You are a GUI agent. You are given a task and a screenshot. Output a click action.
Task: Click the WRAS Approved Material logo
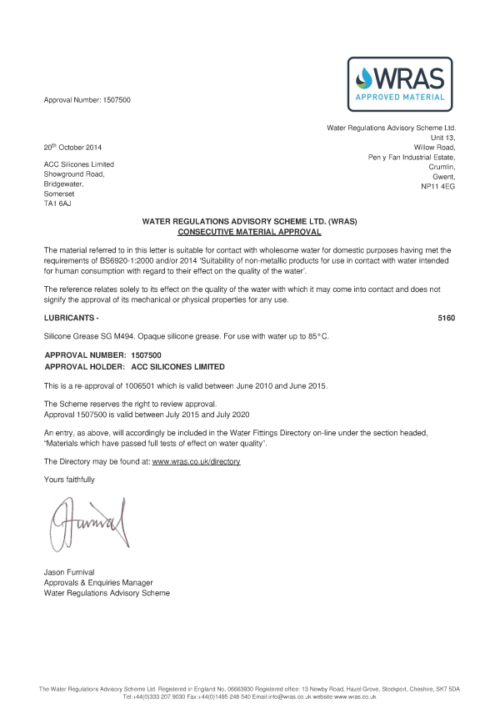400,84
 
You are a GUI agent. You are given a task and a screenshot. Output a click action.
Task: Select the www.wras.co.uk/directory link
196,461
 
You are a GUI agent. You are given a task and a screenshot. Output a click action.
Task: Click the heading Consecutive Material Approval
250,231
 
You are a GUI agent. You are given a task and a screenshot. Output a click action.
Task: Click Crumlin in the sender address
440,166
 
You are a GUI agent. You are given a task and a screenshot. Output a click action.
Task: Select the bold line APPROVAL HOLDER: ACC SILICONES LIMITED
134,366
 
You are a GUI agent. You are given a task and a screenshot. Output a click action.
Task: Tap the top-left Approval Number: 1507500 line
87,101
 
